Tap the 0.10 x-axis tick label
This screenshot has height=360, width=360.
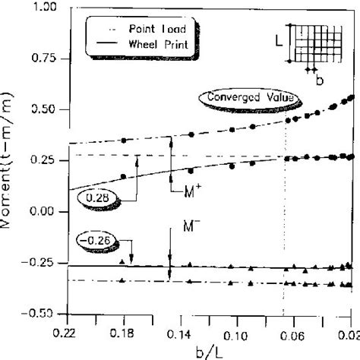(238, 333)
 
